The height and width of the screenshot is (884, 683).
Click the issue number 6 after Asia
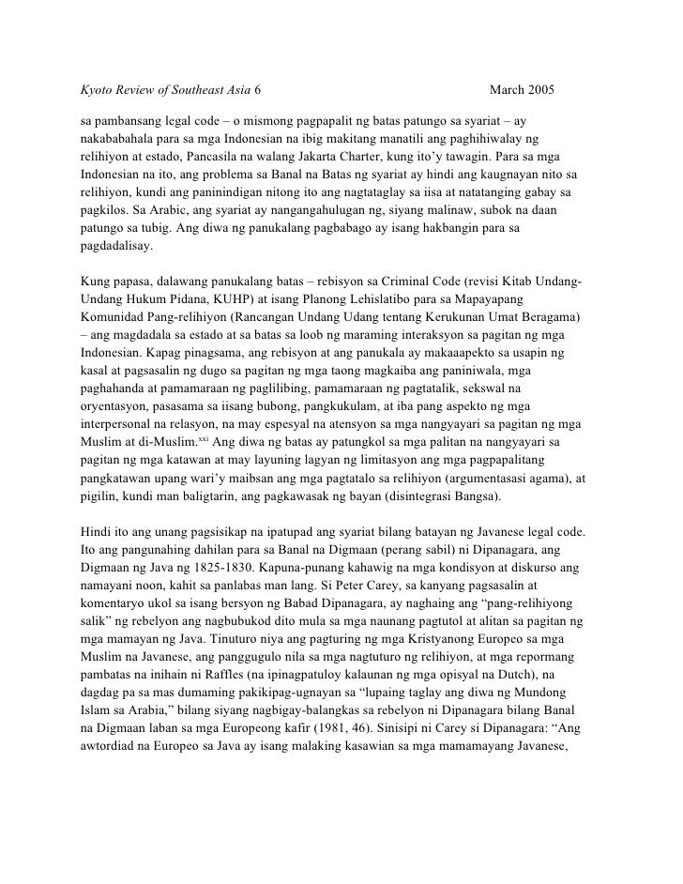[258, 92]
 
